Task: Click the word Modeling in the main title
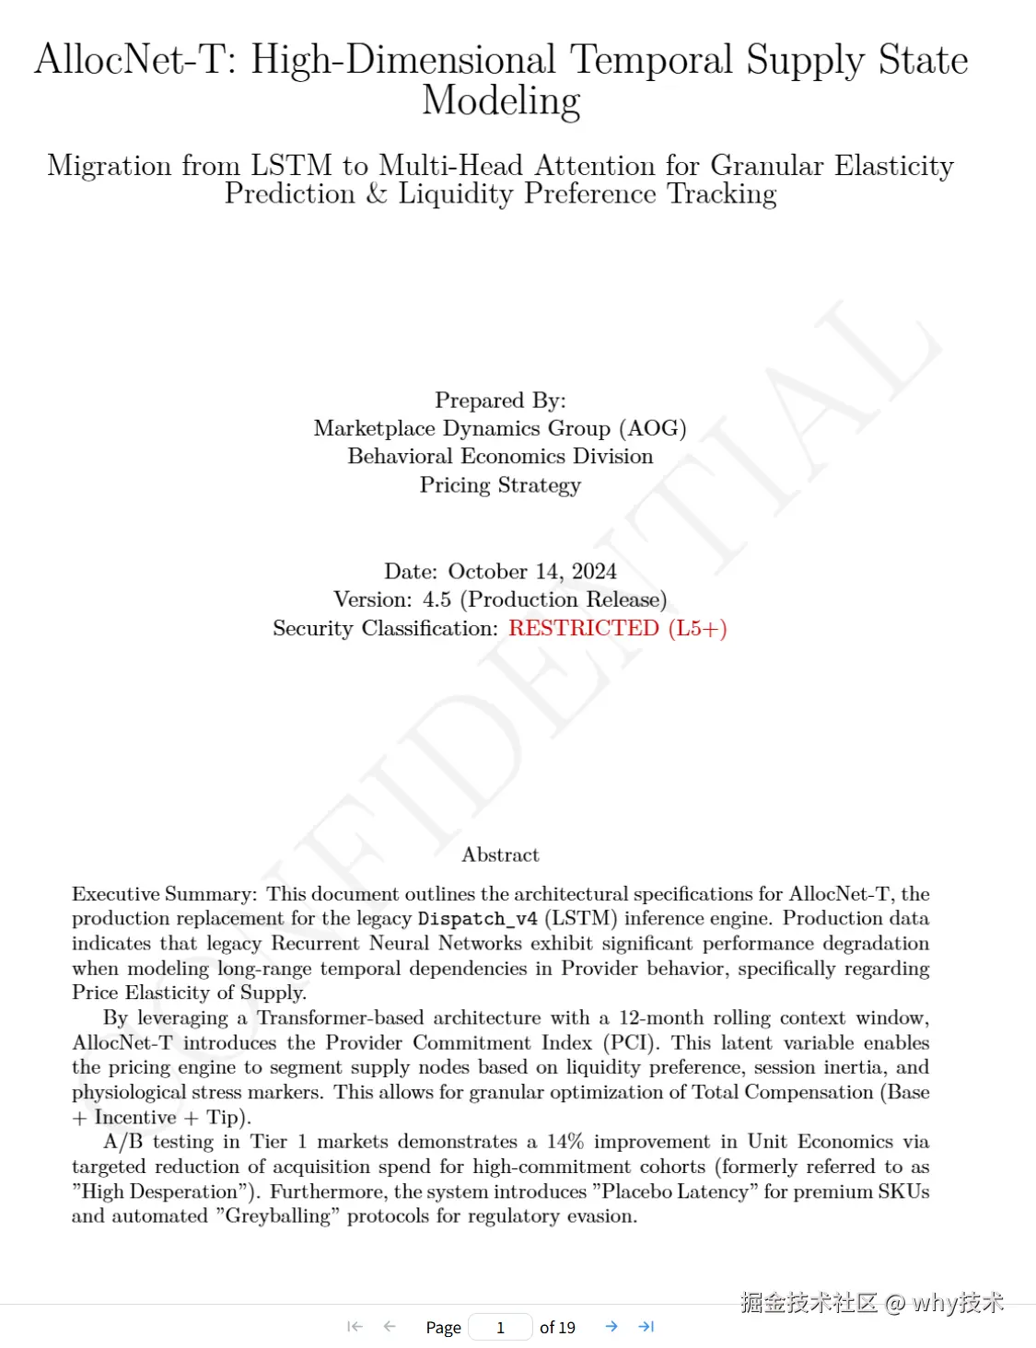pyautogui.click(x=501, y=101)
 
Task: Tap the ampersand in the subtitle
pyautogui.click(x=377, y=194)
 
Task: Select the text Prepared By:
pyautogui.click(x=500, y=401)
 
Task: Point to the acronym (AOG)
pyautogui.click(x=653, y=428)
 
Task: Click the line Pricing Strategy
pyautogui.click(x=500, y=485)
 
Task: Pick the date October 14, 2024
pyautogui.click(x=532, y=572)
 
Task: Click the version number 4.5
pyautogui.click(x=437, y=600)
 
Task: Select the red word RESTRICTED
pyautogui.click(x=584, y=629)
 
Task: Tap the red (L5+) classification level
pyautogui.click(x=698, y=629)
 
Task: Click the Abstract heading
pyautogui.click(x=500, y=855)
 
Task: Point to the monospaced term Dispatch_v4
pyautogui.click(x=477, y=919)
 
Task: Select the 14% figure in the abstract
pyautogui.click(x=565, y=1142)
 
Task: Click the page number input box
pyautogui.click(x=500, y=1327)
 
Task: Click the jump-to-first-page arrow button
pyautogui.click(x=355, y=1327)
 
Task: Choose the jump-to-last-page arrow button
pyautogui.click(x=646, y=1327)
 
